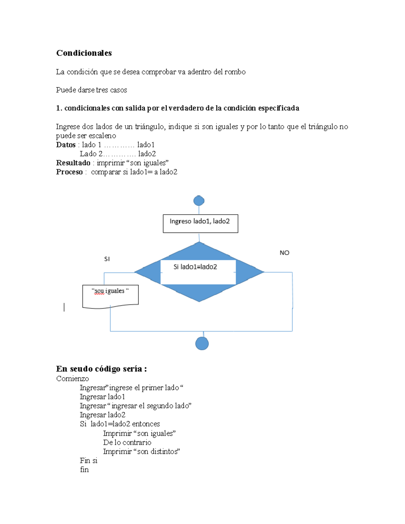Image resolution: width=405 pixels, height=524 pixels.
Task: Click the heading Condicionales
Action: click(84, 53)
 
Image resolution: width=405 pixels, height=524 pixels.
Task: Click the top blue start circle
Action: click(199, 201)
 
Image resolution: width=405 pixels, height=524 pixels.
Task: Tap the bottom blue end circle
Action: click(202, 343)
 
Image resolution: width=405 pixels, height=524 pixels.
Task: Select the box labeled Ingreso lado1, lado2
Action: click(200, 223)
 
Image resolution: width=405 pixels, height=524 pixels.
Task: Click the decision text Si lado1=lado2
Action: click(195, 267)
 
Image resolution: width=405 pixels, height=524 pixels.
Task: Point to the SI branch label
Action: click(107, 259)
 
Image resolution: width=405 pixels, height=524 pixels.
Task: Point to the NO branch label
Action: click(284, 253)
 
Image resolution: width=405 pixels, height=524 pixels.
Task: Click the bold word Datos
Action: click(66, 145)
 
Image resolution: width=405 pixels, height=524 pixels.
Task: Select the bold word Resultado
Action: click(73, 163)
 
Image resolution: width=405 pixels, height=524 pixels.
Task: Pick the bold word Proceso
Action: click(69, 172)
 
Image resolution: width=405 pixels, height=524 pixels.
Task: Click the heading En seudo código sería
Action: click(101, 369)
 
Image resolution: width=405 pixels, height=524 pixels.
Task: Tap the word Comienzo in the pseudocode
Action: click(73, 379)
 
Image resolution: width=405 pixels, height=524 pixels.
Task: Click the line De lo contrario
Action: click(127, 442)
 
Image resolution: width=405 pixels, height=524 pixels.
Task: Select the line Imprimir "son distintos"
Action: click(141, 451)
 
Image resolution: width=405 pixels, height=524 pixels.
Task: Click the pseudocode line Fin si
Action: click(88, 461)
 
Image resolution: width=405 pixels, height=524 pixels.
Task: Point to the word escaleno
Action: click(102, 136)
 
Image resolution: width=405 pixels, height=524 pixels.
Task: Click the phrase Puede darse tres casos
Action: click(91, 90)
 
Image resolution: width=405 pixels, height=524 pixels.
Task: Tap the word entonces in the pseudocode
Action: click(146, 424)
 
